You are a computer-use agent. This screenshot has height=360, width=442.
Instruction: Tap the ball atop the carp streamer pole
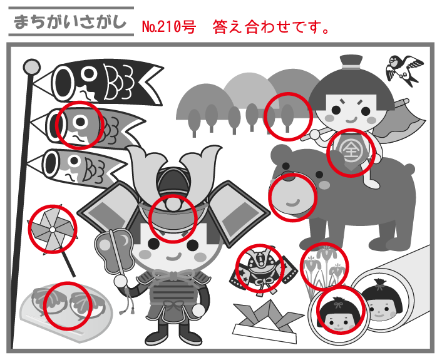click(31, 67)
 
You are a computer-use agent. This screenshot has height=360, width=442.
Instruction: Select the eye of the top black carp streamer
click(90, 74)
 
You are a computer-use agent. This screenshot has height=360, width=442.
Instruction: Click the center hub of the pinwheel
click(53, 230)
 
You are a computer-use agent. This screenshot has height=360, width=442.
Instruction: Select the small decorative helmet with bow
click(263, 270)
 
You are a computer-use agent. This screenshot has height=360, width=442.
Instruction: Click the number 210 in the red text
click(170, 27)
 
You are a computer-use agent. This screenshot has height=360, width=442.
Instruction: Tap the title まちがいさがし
click(70, 22)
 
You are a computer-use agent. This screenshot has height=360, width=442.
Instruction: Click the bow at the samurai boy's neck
click(173, 275)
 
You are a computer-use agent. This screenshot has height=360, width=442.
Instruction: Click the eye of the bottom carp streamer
click(74, 161)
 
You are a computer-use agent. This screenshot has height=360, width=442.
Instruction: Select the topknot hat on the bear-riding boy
click(351, 63)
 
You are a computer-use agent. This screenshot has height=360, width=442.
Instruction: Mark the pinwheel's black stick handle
click(68, 264)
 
